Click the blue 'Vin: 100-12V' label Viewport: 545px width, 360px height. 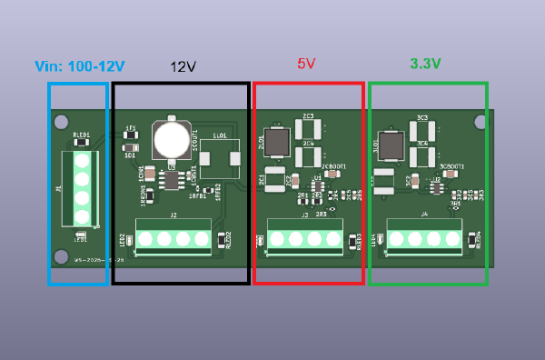pos(79,66)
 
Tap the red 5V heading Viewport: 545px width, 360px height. pos(306,65)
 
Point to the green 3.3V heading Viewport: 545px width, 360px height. pos(425,64)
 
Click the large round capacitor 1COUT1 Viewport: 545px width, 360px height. pos(170,139)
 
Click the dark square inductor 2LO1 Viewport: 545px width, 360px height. pos(277,142)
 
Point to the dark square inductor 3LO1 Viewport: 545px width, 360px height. pos(391,145)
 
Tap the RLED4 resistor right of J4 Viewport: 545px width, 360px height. pos(471,240)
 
